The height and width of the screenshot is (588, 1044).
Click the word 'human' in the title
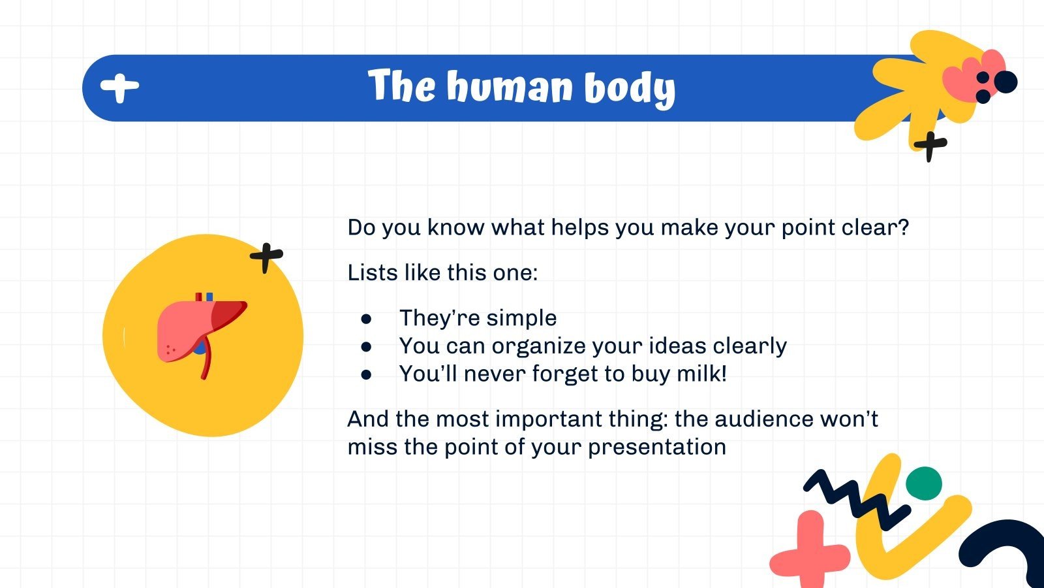point(509,88)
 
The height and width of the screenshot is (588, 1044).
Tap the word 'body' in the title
point(629,89)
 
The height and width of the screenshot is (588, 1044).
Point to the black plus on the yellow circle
point(266,257)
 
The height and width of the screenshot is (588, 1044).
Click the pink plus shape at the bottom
point(809,553)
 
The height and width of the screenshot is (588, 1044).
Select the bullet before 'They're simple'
point(366,319)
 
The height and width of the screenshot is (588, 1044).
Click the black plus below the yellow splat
point(930,145)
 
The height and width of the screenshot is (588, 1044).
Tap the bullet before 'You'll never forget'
point(366,374)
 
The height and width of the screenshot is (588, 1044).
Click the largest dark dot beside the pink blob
point(1006,82)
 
